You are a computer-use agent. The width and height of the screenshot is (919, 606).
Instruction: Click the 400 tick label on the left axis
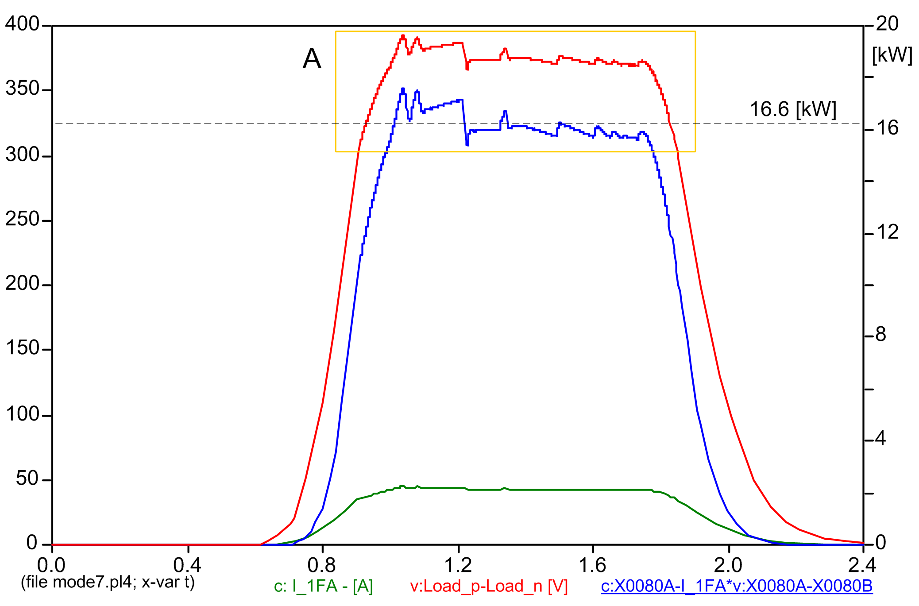22,24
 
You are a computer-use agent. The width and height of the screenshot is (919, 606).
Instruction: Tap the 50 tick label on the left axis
27,479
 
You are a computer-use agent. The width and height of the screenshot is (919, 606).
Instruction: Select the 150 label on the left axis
22,348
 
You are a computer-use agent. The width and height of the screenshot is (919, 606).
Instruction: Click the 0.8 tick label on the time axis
322,565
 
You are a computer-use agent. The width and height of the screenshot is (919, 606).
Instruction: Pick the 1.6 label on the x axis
592,565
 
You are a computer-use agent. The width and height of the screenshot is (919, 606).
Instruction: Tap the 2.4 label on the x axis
862,565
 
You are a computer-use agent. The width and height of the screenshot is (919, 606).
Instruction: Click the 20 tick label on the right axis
887,24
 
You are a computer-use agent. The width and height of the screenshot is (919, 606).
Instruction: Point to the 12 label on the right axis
887,232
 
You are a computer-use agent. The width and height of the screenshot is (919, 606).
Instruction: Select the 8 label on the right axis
881,335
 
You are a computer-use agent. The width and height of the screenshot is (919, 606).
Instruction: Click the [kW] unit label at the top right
892,55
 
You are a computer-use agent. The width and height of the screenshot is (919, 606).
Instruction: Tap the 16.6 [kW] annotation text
793,109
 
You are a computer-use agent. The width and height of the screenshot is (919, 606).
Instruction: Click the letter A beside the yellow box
312,59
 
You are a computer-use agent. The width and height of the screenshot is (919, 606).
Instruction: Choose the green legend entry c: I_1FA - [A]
324,586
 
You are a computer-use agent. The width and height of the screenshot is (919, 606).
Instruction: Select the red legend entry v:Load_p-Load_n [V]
489,586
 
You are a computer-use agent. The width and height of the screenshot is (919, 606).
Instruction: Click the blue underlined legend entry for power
737,586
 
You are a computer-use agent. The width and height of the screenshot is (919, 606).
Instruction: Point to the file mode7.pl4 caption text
108,582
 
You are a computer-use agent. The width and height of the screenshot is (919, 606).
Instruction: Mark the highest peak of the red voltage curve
403,36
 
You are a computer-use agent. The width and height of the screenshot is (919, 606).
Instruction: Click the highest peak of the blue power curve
403,89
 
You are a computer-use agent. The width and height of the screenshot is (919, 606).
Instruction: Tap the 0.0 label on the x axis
51,565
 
